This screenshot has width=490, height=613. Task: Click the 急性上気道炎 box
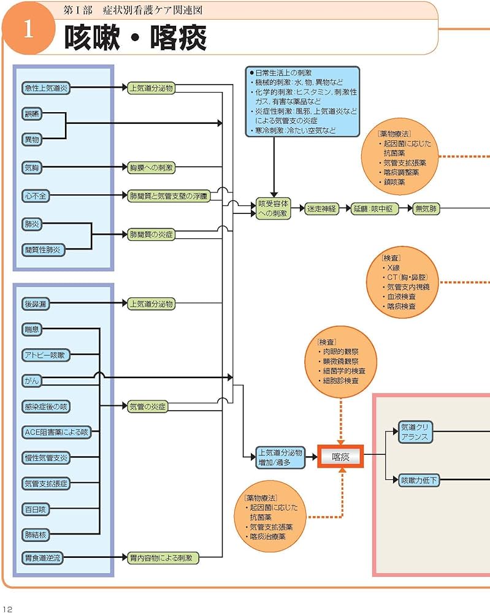[46, 88]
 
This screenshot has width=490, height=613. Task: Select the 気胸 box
[32, 167]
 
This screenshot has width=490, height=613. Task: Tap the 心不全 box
[36, 196]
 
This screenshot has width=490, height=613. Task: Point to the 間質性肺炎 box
[44, 249]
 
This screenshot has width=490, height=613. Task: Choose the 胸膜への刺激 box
[151, 167]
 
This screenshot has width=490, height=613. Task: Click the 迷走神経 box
[322, 209]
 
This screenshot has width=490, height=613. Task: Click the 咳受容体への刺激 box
[273, 208]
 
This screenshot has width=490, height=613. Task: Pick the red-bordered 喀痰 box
[340, 457]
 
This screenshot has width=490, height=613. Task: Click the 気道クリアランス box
[415, 432]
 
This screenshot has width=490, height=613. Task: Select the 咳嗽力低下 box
[419, 480]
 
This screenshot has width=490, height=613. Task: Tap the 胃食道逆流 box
[43, 558]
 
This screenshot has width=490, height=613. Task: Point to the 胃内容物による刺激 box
[164, 558]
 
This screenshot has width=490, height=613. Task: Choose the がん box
[31, 380]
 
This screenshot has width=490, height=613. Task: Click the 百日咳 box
[36, 509]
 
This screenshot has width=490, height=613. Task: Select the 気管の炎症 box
[148, 406]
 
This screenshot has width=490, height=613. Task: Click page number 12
[7, 609]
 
